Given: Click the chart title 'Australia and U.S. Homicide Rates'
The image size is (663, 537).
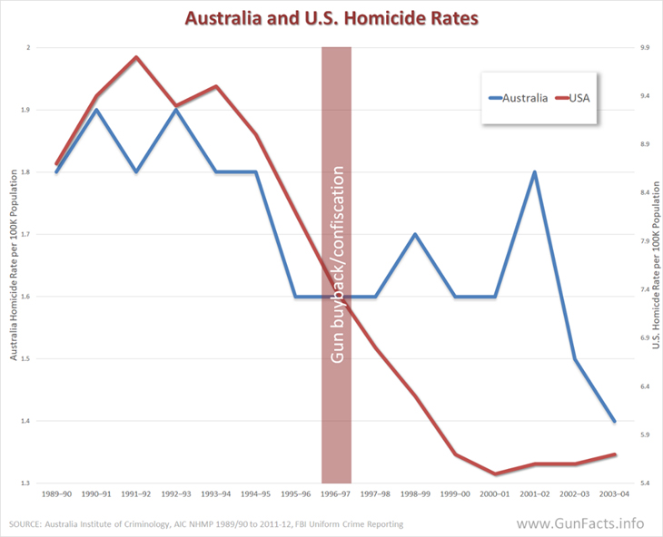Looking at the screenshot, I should click(331, 17).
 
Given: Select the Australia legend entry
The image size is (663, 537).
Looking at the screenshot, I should click(519, 98).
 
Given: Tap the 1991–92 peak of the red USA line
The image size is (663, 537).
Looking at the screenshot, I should click(136, 57).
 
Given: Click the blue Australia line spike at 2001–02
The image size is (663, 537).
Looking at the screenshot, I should click(534, 172).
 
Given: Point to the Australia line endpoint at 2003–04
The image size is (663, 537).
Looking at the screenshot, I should click(614, 422).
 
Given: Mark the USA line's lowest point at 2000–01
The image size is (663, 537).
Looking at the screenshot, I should click(495, 474).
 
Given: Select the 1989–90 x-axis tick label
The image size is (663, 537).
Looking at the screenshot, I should click(56, 494).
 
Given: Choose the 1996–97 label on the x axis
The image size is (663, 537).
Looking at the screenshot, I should click(336, 494).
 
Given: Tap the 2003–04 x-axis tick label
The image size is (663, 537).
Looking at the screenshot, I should click(614, 494).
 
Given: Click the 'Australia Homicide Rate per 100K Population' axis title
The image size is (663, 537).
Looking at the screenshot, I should click(15, 266).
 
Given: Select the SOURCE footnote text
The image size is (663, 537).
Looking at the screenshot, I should click(204, 524).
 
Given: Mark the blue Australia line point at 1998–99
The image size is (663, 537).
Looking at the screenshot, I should click(415, 234).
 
